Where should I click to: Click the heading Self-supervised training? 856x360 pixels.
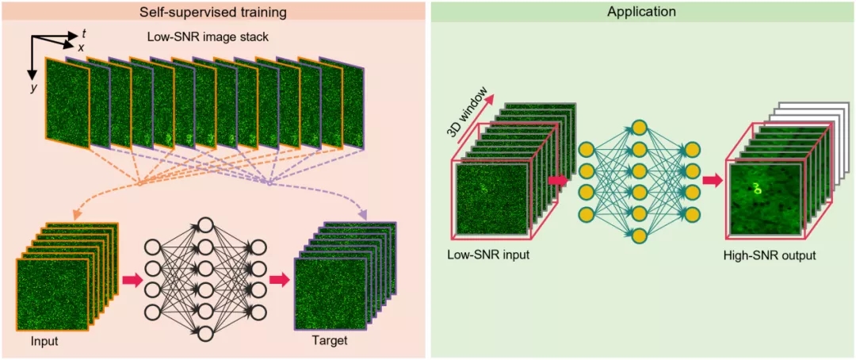[214, 12]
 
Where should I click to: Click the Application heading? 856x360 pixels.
[642, 12]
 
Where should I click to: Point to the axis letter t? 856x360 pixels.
[84, 33]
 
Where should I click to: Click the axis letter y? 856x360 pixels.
[34, 88]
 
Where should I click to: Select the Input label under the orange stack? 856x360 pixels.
[44, 342]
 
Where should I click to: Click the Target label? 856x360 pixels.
[331, 342]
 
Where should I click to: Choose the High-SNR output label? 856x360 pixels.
[769, 255]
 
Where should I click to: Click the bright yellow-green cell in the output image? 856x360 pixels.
[758, 189]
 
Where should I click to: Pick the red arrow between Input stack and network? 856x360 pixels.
[132, 280]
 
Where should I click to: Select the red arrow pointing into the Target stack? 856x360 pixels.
[278, 280]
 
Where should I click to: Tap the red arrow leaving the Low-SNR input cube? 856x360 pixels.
[559, 181]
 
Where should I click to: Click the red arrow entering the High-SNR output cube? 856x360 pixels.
[713, 181]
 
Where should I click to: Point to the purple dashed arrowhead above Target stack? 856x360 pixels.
[363, 215]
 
